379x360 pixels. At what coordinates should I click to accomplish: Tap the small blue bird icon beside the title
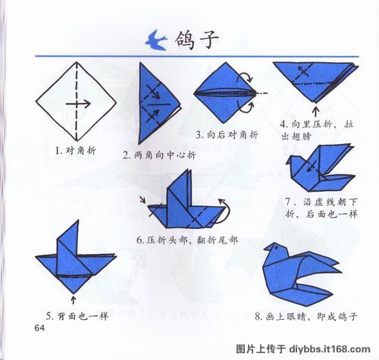point(159,39)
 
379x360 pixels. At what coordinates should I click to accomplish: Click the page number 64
point(40,327)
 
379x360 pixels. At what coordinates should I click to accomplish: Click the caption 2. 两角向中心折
point(159,155)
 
